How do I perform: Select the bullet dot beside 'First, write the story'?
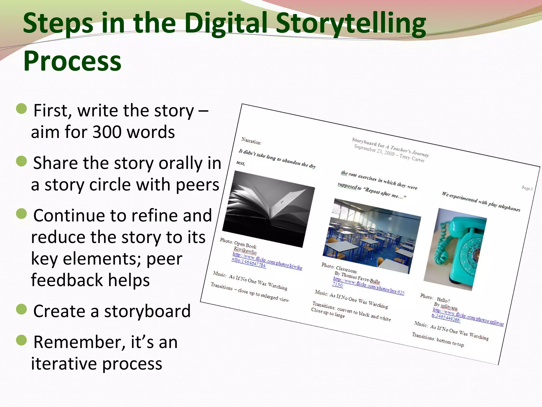[x=21, y=109]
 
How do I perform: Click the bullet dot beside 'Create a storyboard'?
[x=21, y=309]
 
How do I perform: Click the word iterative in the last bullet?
[x=64, y=364]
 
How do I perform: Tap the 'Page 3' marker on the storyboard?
[x=527, y=188]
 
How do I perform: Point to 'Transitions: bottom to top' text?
[x=438, y=340]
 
